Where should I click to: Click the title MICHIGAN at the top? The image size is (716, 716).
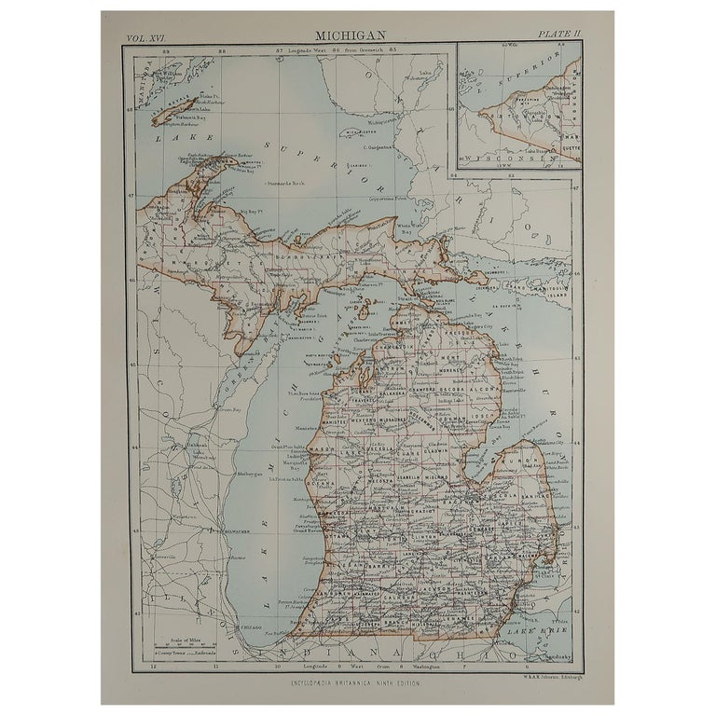358,34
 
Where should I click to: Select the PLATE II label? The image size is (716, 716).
559,34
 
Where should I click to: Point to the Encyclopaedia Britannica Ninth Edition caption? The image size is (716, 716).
358,685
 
